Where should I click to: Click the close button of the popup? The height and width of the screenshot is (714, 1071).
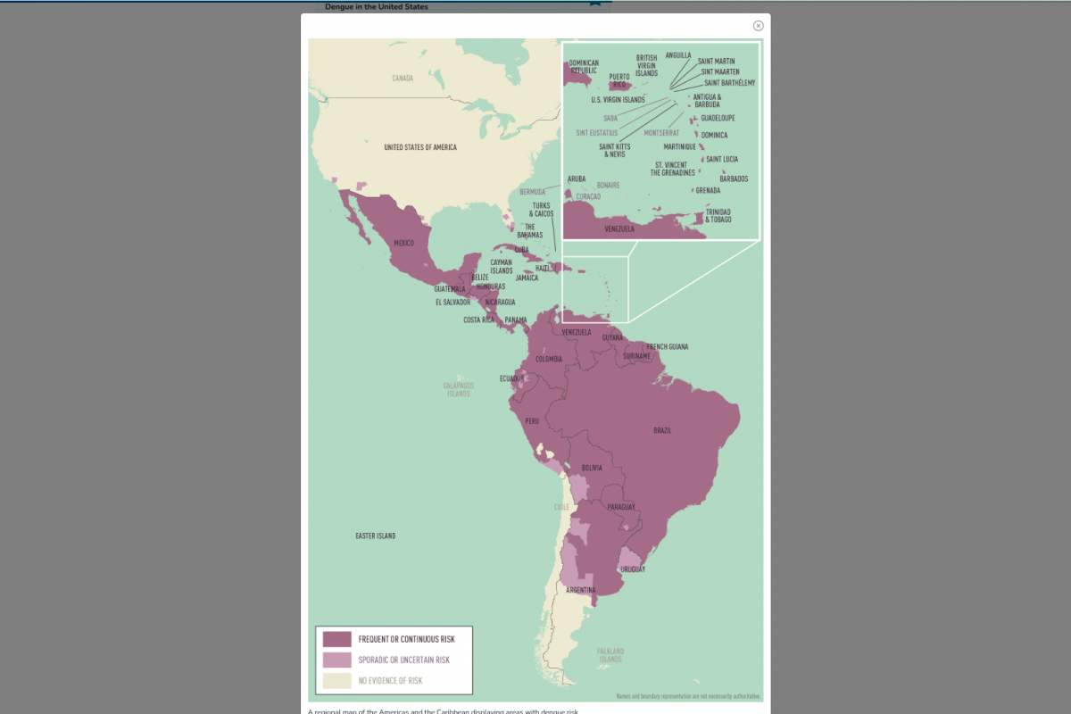point(759,26)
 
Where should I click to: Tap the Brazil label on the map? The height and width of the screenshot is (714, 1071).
point(662,430)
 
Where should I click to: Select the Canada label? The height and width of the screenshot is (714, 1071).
point(403,79)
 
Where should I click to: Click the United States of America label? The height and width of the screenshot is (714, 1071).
point(420,147)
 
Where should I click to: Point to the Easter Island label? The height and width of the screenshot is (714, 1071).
point(375,536)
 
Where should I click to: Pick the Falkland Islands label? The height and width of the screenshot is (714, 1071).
point(610,655)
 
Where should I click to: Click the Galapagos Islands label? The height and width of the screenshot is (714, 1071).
point(459,389)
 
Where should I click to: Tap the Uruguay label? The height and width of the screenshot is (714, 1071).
point(633,569)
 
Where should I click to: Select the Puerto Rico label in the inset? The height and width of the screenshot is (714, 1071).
point(619,80)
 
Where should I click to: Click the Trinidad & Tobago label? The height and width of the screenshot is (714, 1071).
point(718,216)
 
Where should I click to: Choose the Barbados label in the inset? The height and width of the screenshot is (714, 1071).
point(734,178)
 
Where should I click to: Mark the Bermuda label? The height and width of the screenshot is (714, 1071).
point(532,192)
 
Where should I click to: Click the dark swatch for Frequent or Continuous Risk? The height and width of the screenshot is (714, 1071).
point(336,639)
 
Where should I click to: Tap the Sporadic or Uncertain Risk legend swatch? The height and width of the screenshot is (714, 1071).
point(336,660)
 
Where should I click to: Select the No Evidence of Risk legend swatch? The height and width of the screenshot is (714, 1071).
point(336,681)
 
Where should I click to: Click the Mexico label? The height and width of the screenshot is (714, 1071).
point(403,243)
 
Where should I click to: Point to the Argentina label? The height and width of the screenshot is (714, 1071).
point(581,590)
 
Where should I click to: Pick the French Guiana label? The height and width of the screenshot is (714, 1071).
point(668,346)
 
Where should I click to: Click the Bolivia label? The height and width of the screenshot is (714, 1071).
point(592,468)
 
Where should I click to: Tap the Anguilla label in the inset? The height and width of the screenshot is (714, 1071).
point(678,55)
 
